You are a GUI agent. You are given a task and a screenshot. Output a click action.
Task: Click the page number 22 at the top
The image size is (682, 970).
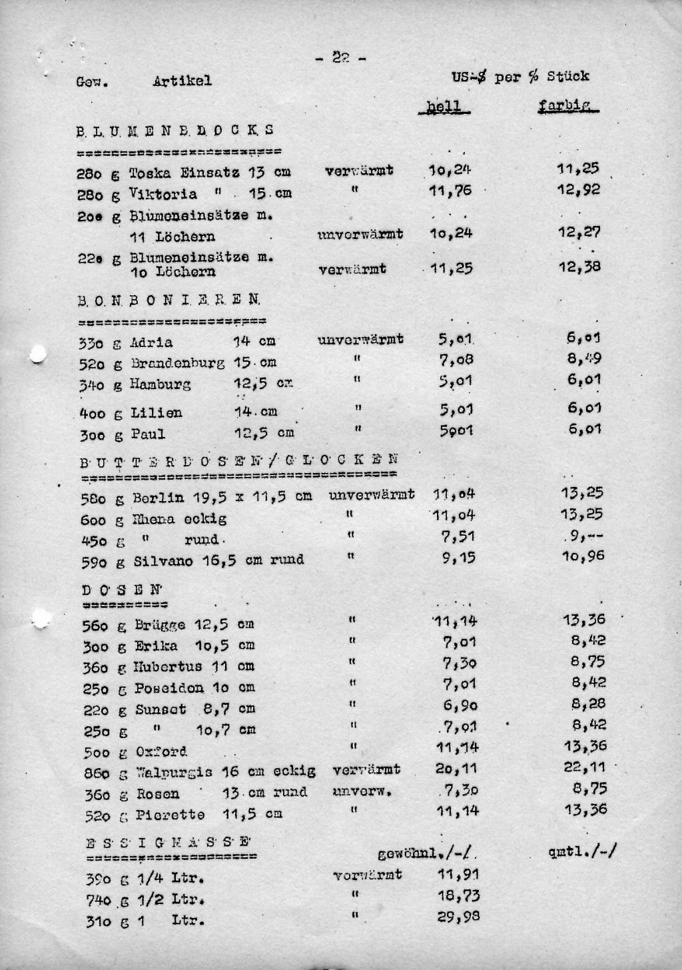340,59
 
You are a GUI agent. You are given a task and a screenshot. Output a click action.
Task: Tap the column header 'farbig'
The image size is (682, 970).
567,105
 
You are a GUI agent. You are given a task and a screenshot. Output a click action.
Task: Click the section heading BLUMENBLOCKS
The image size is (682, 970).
175,130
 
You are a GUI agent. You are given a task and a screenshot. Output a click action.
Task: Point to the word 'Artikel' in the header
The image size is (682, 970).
182,81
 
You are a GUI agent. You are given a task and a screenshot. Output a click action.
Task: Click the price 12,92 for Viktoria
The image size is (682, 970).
579,190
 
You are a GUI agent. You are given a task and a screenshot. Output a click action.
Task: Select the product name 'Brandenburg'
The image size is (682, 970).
177,364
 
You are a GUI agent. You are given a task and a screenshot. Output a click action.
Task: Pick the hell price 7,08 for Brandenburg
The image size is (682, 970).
456,360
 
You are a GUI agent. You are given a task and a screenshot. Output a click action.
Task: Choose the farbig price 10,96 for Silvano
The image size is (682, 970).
583,556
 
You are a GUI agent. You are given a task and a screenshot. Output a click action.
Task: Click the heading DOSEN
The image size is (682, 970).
122,590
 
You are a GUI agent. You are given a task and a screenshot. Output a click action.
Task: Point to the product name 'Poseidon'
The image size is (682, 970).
169,688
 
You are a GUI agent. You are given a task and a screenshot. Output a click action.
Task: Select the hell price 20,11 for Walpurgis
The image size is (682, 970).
456,769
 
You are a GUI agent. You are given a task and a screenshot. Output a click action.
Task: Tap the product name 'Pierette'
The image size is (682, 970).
170,815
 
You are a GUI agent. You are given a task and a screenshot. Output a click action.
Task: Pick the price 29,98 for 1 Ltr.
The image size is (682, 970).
458,917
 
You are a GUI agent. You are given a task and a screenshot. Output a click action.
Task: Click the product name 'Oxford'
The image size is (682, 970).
161,752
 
